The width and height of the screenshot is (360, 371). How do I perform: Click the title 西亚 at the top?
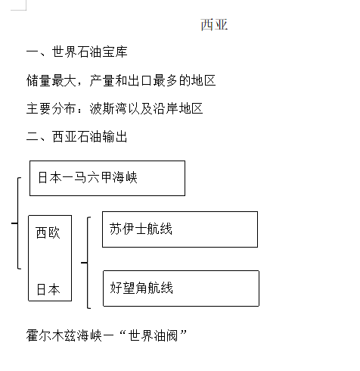[214, 25]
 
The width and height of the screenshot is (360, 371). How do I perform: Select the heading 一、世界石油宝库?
[77, 51]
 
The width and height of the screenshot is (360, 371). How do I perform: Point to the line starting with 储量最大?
[121, 80]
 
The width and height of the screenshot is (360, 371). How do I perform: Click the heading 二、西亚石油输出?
[77, 136]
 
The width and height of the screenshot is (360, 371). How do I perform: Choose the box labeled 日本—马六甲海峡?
[107, 178]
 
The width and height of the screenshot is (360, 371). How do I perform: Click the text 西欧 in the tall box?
[48, 232]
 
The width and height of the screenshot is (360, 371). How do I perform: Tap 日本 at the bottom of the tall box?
[48, 289]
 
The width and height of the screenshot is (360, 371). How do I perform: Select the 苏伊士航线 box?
[180, 229]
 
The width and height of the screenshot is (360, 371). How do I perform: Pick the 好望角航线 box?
[181, 288]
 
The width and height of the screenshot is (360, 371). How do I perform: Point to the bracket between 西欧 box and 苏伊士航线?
[88, 263]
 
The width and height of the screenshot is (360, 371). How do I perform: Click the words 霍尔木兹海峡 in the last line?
[64, 335]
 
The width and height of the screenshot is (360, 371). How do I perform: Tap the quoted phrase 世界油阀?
[153, 335]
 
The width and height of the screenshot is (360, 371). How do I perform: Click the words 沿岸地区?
[178, 108]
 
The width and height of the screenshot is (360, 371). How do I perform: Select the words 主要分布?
[51, 108]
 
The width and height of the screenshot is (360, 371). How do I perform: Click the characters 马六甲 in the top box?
[93, 177]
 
